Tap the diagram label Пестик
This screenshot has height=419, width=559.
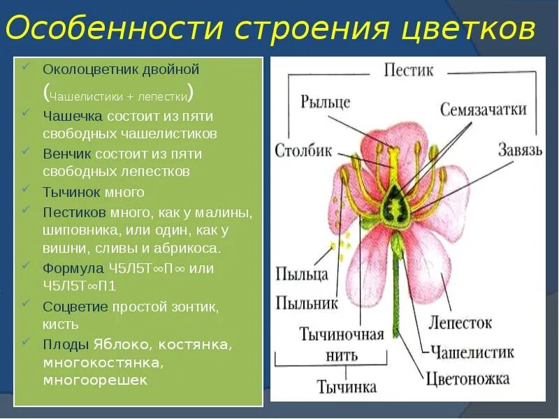(x=408, y=71)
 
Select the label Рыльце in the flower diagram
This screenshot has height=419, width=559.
(x=325, y=102)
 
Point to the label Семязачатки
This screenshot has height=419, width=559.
(x=483, y=109)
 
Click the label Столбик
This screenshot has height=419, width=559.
(x=303, y=150)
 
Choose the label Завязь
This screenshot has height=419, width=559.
(x=521, y=150)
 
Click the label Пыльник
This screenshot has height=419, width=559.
(x=307, y=302)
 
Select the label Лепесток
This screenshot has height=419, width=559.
(x=460, y=323)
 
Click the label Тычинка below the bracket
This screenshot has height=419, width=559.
(x=347, y=385)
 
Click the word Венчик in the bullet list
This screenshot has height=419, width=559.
(x=67, y=154)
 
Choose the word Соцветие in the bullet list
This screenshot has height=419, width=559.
(x=75, y=307)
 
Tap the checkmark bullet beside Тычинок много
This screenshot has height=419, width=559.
(x=26, y=189)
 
